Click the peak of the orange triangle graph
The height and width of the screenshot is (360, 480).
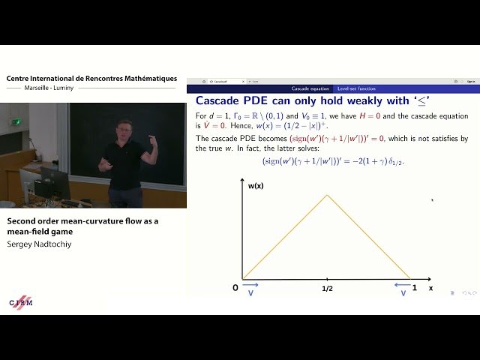[327, 196]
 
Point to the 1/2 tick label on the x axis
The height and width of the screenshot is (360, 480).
[327, 288]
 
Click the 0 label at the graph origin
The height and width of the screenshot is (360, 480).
[235, 288]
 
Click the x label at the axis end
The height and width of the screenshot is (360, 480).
[430, 288]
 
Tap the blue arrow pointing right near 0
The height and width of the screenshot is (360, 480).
[251, 285]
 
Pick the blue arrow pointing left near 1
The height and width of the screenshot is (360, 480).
[403, 285]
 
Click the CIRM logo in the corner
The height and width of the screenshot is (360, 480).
[21, 302]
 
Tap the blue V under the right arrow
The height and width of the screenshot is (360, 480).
[403, 294]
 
